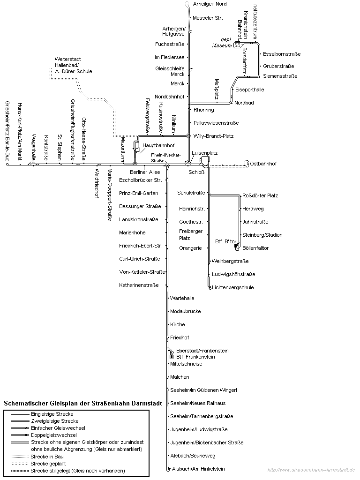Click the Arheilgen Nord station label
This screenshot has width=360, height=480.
click(210, 4)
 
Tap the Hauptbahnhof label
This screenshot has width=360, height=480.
click(158, 146)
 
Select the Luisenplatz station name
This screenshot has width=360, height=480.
click(205, 153)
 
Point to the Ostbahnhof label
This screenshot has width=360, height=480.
click(263, 164)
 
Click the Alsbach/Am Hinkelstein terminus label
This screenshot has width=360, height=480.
click(198, 469)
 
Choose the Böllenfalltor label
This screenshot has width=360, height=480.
click(255, 248)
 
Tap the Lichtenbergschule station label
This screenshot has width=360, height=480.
click(233, 287)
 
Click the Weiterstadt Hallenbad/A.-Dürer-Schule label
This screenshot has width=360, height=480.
click(73, 65)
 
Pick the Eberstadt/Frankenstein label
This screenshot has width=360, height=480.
click(202, 351)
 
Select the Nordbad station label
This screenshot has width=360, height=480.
click(244, 103)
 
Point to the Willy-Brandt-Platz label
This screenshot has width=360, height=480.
click(213, 136)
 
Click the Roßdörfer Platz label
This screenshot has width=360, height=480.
click(260, 195)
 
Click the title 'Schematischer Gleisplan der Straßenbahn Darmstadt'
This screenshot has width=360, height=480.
click(83, 403)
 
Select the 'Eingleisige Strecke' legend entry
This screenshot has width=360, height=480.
click(52, 414)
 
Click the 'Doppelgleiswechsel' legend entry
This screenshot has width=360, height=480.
click(53, 435)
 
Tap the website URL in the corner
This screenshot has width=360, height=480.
click(311, 470)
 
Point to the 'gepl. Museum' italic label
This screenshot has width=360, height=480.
click(224, 43)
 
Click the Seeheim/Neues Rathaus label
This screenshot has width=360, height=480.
click(198, 403)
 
